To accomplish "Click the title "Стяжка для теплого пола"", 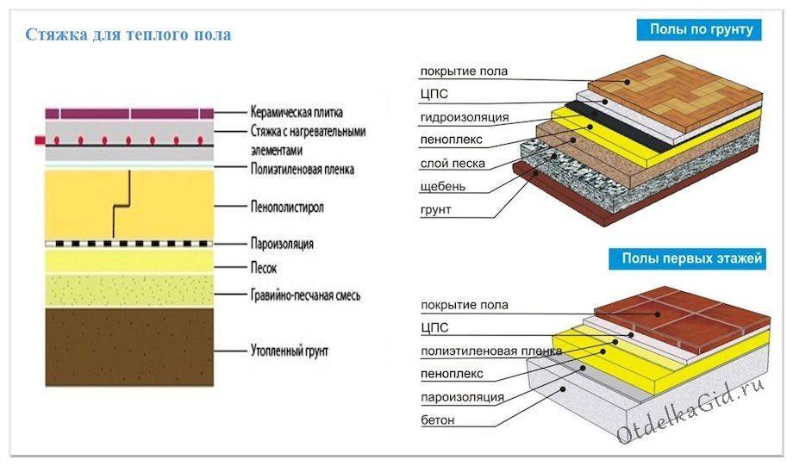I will coord(128,36).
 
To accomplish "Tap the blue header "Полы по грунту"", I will coord(700,30).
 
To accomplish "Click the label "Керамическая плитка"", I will coord(297,113).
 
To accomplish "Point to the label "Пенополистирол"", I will coord(290,208).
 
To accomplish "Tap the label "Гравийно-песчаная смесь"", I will coord(306,295).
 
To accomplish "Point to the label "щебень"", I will coord(444,187).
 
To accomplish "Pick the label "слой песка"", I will coord(453,164).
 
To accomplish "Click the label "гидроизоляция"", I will coord(465,117).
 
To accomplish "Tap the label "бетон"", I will coord(438,420).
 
